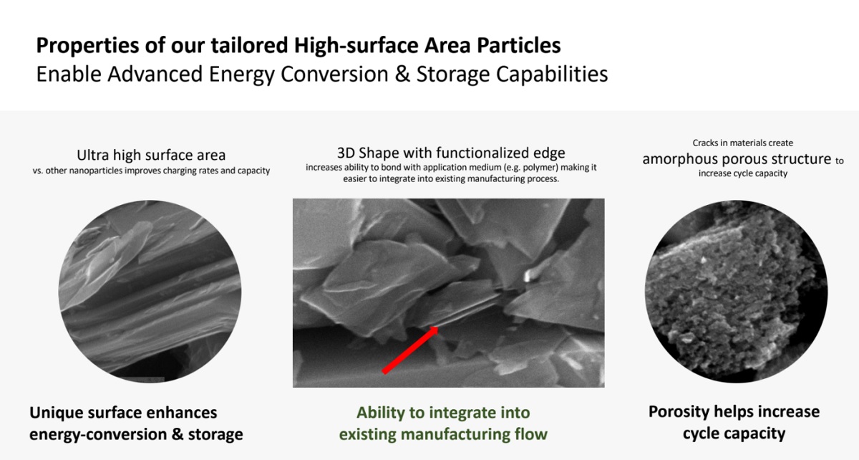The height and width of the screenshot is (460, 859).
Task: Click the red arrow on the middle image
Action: [x=410, y=350]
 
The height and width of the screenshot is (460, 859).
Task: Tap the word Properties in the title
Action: [x=87, y=46]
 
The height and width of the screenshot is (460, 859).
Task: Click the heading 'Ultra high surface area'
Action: [x=151, y=155]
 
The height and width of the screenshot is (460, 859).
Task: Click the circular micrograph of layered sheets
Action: [x=150, y=292]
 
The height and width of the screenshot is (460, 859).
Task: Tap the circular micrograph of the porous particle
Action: [x=736, y=292]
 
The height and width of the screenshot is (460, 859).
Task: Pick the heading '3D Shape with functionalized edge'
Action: [x=451, y=153]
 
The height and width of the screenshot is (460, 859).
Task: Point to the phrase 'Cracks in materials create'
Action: [x=743, y=143]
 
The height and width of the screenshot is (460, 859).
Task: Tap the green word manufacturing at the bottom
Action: [x=454, y=435]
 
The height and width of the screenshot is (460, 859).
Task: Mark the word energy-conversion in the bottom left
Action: [x=98, y=435]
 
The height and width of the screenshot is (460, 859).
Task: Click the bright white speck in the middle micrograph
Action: [x=530, y=274]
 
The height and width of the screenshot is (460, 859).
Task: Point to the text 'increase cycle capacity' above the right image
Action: [x=743, y=173]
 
